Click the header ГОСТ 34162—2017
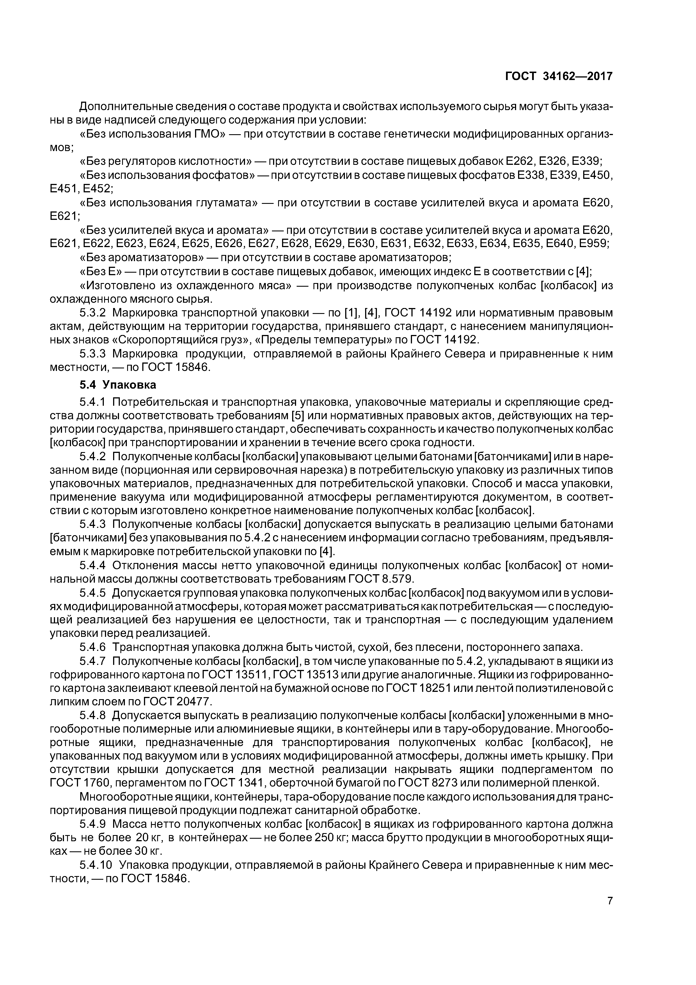click(x=559, y=76)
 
